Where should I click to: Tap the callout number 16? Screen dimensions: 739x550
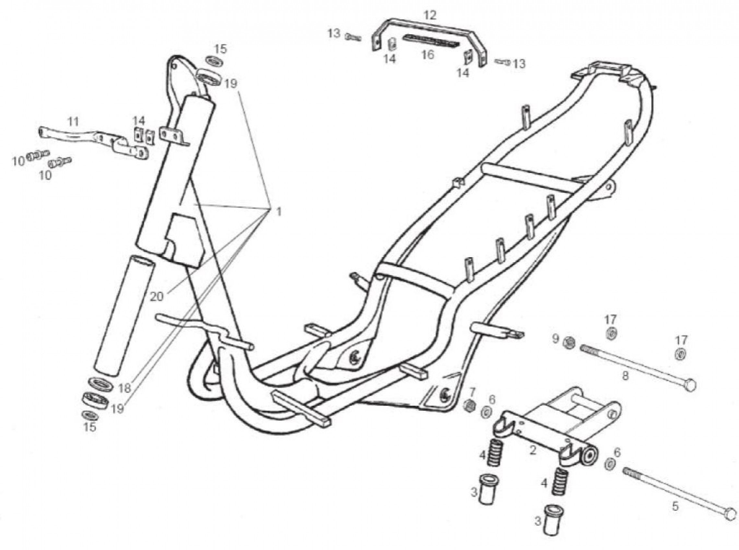click(x=428, y=54)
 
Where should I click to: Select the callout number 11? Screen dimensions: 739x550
click(x=73, y=122)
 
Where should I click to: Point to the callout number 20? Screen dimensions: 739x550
click(x=157, y=296)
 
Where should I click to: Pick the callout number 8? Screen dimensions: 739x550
click(x=626, y=376)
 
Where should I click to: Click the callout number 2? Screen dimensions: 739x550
click(x=533, y=450)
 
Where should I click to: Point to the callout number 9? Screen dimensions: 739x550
click(x=555, y=339)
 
